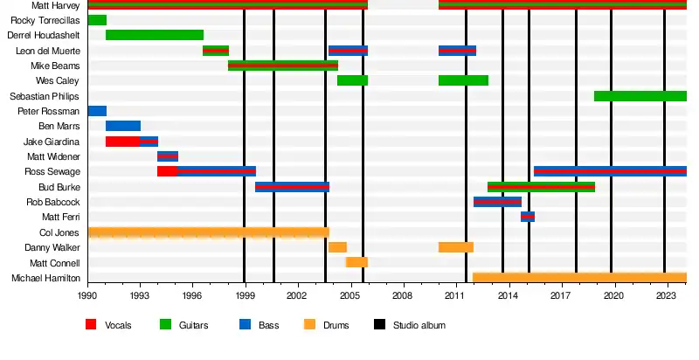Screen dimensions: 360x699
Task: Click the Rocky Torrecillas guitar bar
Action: coord(97,20)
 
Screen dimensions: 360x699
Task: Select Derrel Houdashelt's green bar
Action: coord(155,35)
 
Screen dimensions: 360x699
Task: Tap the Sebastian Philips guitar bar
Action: coord(640,96)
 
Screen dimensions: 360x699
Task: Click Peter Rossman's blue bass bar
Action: coord(97,111)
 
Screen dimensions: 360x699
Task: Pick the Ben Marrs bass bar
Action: coord(123,126)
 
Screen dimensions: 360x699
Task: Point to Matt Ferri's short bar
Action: coord(528,217)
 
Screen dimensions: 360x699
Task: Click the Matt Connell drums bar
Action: coord(356,262)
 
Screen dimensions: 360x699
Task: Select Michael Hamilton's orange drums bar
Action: coord(579,278)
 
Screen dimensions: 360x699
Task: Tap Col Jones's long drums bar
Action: coord(208,232)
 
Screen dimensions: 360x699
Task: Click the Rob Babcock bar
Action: coord(497,202)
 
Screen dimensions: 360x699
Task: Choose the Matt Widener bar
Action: coord(168,156)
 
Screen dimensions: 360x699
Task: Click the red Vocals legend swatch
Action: coord(91,325)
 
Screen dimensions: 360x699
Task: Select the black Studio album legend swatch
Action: coord(380,325)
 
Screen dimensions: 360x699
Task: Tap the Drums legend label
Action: coord(336,326)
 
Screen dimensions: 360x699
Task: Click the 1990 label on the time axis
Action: coord(88,297)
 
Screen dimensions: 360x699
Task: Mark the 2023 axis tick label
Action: coord(667,297)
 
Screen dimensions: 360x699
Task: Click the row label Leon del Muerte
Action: coord(48,51)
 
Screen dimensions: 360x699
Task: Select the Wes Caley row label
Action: coord(61,80)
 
